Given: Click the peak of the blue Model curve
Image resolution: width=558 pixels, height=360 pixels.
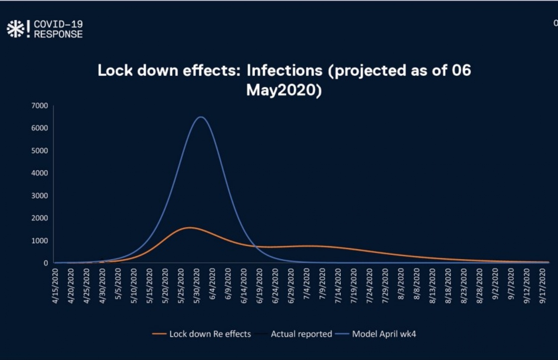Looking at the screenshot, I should point(201,117).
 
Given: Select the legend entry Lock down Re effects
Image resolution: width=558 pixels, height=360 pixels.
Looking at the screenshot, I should point(210,334).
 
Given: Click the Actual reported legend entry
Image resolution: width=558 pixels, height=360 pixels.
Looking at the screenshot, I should point(301,334).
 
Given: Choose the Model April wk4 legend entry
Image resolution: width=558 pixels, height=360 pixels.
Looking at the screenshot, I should point(384,334).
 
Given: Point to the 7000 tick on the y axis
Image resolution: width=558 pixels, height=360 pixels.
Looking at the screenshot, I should point(40,106).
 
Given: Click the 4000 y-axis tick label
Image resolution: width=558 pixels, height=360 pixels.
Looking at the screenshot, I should point(40,173).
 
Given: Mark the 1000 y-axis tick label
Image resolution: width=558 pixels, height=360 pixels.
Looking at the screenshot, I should point(40,241).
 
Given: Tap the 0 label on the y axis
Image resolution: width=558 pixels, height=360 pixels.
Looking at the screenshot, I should point(46,263).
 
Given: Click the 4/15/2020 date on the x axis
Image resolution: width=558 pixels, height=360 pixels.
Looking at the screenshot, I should point(56,286).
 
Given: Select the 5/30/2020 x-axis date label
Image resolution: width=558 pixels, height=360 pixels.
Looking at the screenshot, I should point(197,286).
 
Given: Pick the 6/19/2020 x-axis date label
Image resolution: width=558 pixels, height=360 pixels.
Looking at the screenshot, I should point(260,286).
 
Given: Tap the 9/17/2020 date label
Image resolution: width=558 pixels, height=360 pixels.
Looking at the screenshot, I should point(543,286).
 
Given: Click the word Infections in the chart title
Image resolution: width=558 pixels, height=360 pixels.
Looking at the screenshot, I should point(285,71).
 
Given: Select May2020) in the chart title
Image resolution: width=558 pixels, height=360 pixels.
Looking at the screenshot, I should point(284,90).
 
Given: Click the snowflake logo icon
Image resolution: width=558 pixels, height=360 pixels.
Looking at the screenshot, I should point(15,29).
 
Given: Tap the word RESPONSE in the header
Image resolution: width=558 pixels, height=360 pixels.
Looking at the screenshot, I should point(58,34).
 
